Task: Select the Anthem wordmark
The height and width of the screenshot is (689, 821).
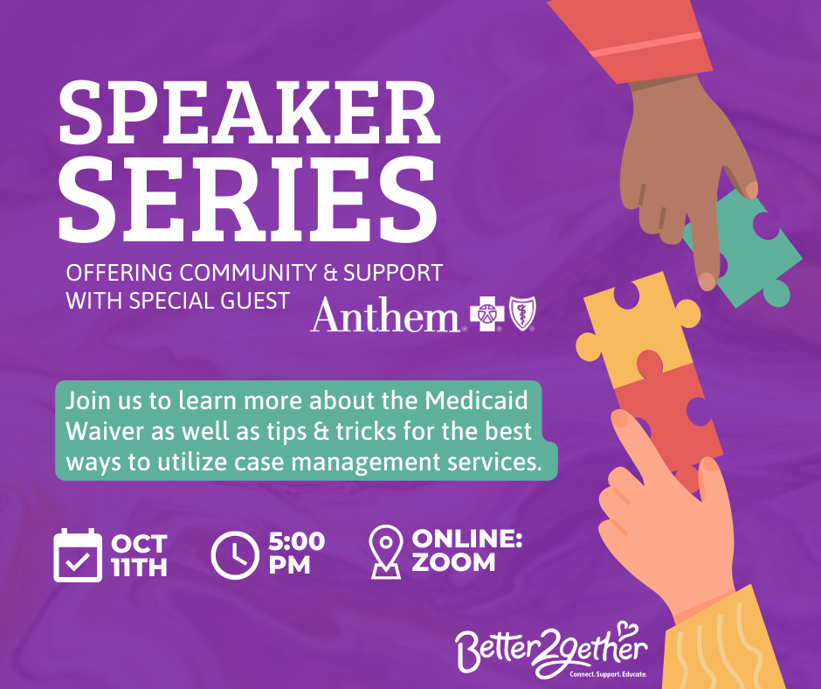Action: tap(385, 315)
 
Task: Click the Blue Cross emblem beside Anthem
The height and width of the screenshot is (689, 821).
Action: tap(487, 314)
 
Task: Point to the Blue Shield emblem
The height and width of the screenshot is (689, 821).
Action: tap(522, 313)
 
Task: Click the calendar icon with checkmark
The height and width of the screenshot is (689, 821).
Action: tap(78, 555)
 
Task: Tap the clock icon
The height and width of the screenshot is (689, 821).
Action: tap(235, 555)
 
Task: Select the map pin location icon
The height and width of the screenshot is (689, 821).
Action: tap(386, 552)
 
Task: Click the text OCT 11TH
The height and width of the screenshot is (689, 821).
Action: tap(139, 555)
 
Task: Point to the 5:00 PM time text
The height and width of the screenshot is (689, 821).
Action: tap(297, 553)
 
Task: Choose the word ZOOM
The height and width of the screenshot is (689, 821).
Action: tap(453, 562)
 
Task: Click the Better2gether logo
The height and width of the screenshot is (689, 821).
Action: tap(551, 650)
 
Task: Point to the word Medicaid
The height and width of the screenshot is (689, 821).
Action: tap(476, 400)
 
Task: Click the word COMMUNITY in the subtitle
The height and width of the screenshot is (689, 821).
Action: tap(248, 273)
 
